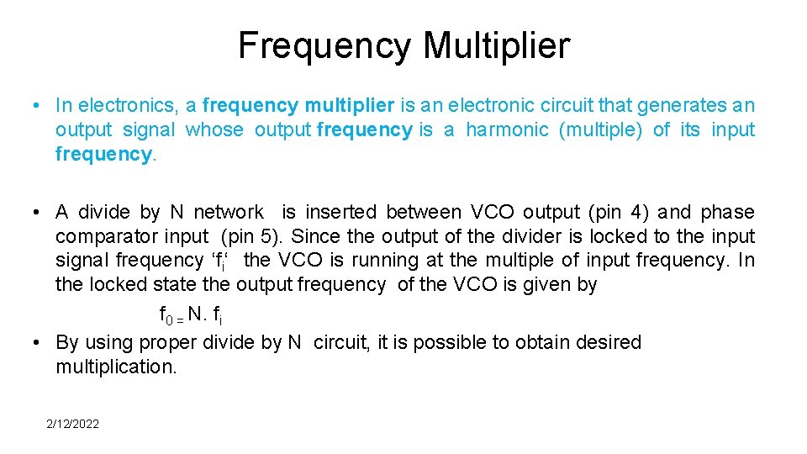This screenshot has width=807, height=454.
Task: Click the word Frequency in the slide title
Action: click(324, 45)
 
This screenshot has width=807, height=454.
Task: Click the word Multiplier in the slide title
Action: click(496, 45)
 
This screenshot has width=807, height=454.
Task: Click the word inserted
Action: click(345, 212)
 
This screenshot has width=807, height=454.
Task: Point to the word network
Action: click(229, 212)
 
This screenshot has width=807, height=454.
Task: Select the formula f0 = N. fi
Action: click(191, 315)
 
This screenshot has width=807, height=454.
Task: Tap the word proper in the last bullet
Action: click(172, 343)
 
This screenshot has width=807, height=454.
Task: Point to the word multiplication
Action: click(116, 367)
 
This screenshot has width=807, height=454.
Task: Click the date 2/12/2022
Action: click(72, 424)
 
